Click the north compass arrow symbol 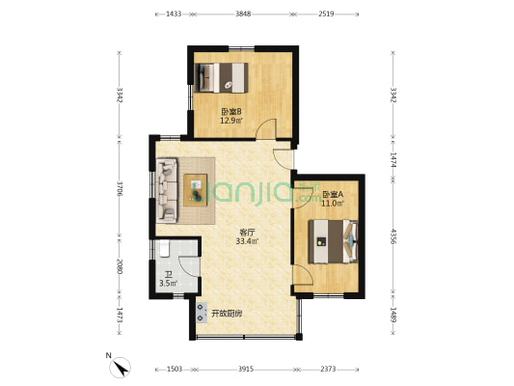tap(121, 367)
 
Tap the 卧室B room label tap(231, 112)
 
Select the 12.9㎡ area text tap(231, 121)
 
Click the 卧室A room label tap(333, 195)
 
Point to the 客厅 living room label tap(247, 233)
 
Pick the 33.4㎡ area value tap(247, 241)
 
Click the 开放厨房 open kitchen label tap(227, 314)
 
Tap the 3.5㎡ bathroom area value tap(169, 283)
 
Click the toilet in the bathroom tap(164, 248)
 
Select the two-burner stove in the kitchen tap(201, 313)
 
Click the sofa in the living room tap(167, 190)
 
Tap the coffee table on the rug tap(196, 190)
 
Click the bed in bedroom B tap(221, 78)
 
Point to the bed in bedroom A tap(333, 241)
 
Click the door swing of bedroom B tap(266, 128)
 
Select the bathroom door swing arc tap(189, 266)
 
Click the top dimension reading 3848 tap(243, 14)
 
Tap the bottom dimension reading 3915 tap(246, 370)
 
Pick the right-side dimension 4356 tap(392, 235)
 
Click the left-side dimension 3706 tap(119, 188)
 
